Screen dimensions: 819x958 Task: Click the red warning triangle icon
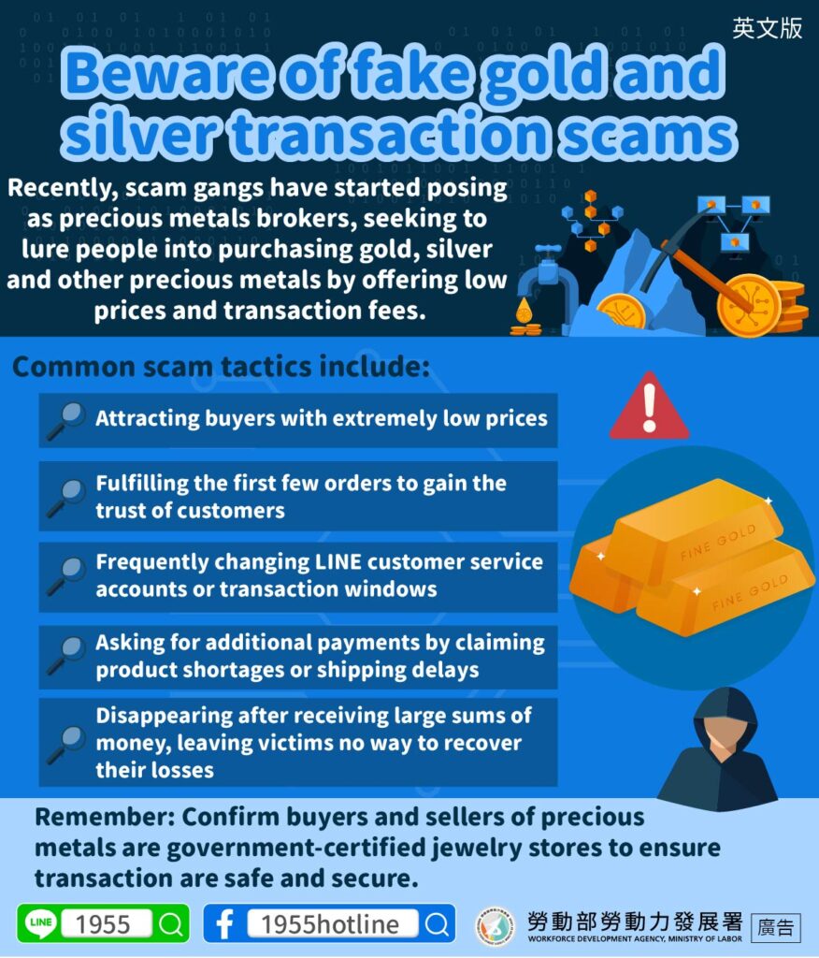tap(649, 407)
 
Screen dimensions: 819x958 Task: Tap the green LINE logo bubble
tap(40, 922)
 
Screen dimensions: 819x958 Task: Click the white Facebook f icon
tap(224, 923)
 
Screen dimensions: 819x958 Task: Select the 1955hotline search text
tap(330, 923)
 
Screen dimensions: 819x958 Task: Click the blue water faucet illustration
tap(547, 275)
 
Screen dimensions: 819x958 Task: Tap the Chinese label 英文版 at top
tap(767, 28)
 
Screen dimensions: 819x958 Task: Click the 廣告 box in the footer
tap(776, 926)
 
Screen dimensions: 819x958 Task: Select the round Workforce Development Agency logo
tap(495, 925)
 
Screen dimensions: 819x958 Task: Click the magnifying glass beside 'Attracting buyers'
tap(66, 420)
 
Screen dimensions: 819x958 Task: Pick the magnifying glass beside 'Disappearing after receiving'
tap(66, 744)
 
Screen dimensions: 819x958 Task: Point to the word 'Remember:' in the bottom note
tap(105, 817)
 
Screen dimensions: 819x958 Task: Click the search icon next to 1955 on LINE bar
tap(171, 923)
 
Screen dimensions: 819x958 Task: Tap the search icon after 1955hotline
tap(437, 923)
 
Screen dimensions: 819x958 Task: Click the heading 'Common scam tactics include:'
tap(221, 367)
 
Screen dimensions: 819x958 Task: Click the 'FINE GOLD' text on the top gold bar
tap(718, 542)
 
